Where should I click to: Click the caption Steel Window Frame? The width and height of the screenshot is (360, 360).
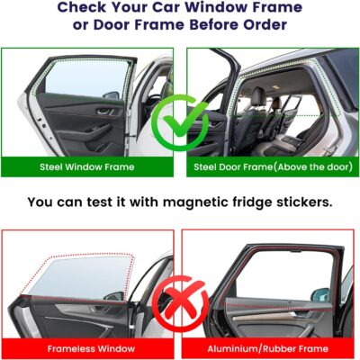[x=88, y=167]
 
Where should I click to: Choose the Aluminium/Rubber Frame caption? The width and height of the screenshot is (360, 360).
[x=270, y=348]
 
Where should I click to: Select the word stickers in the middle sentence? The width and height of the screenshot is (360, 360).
[x=301, y=202]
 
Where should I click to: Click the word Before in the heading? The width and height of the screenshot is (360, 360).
[x=206, y=25]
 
